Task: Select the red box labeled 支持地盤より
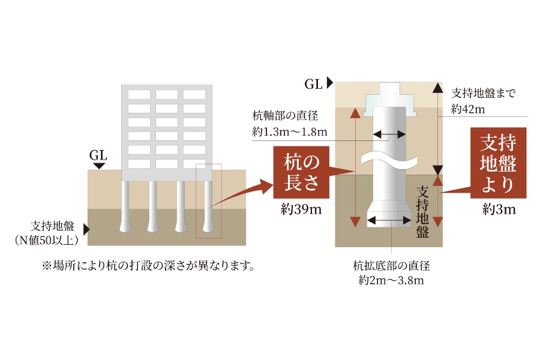[x=498, y=163]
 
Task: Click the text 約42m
[x=467, y=109]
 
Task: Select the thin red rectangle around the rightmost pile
[x=208, y=201]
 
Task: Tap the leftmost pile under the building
[x=126, y=207]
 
